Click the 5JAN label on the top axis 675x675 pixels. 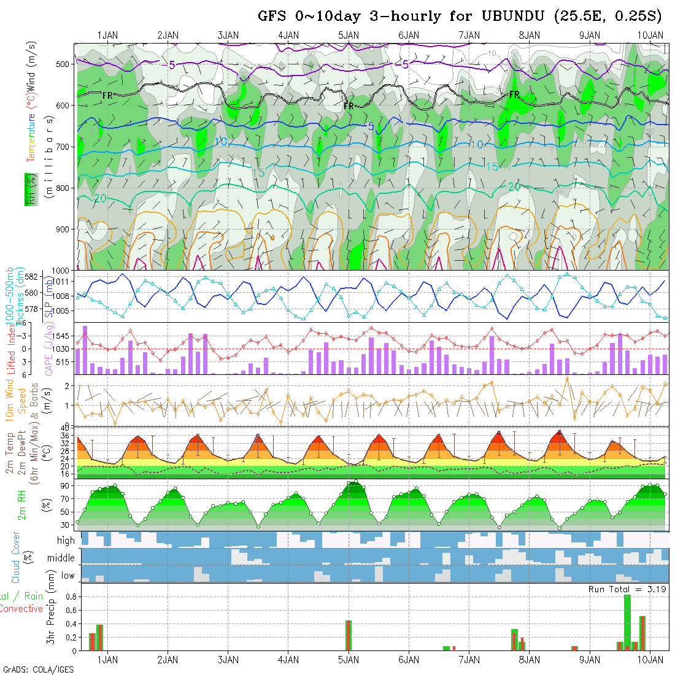pyautogui.click(x=349, y=36)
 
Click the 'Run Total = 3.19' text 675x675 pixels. pyautogui.click(x=628, y=589)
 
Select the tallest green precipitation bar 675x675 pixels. pyautogui.click(x=627, y=622)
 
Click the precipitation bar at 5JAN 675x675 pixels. pyautogui.click(x=349, y=635)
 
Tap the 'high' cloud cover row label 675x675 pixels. pyautogui.click(x=66, y=541)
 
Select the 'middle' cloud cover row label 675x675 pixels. pyautogui.click(x=61, y=558)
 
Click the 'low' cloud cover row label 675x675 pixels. pyautogui.click(x=67, y=575)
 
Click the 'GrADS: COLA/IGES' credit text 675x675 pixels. pyautogui.click(x=38, y=669)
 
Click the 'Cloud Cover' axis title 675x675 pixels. pyautogui.click(x=16, y=557)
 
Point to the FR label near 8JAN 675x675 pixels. pyautogui.click(x=514, y=94)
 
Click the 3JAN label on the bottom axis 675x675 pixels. pyautogui.click(x=228, y=660)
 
